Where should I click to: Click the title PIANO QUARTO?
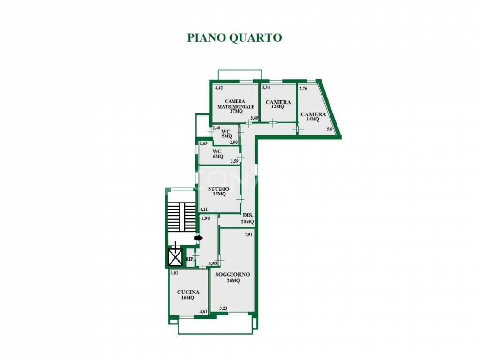pyautogui.click(x=234, y=37)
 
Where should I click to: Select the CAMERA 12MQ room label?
pyautogui.click(x=278, y=104)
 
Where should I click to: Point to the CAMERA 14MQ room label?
pyautogui.click(x=313, y=116)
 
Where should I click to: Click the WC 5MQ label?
pyautogui.click(x=226, y=134)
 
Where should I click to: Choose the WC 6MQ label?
pyautogui.click(x=217, y=154)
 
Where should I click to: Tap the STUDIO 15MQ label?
pyautogui.click(x=219, y=191)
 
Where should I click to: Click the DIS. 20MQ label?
pyautogui.click(x=247, y=218)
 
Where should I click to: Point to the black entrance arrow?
pyautogui.click(x=199, y=238)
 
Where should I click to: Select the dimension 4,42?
pyautogui.click(x=219, y=88)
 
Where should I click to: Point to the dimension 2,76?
pyautogui.click(x=303, y=88)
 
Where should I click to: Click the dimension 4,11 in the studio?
pyautogui.click(x=204, y=209)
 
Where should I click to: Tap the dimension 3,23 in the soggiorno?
pyautogui.click(x=224, y=308)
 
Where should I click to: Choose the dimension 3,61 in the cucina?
pyautogui.click(x=174, y=272)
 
